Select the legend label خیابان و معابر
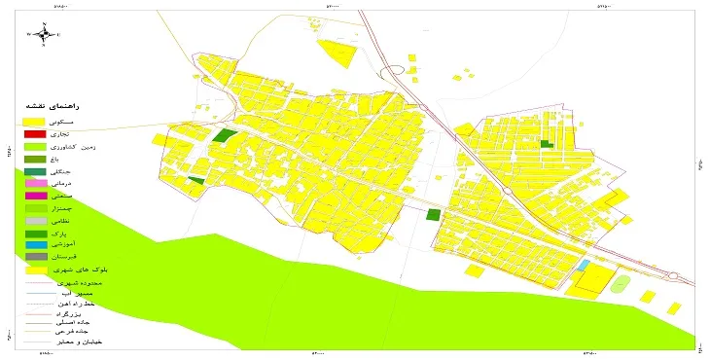(x=85, y=342)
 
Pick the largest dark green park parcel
(x=226, y=137)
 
